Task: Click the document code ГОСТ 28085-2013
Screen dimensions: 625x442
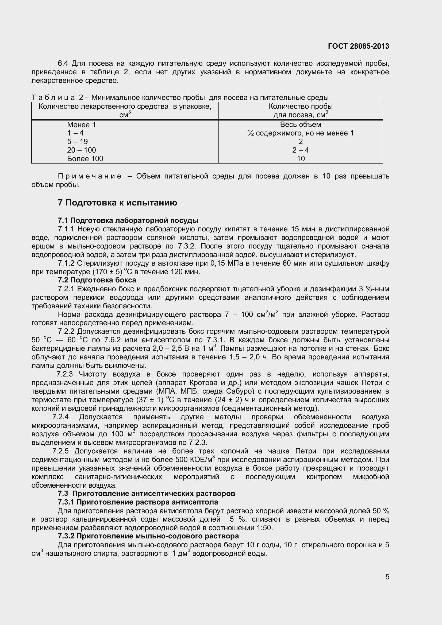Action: (358, 46)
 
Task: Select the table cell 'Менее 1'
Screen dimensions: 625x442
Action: (81, 125)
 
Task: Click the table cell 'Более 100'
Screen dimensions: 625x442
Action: (85, 158)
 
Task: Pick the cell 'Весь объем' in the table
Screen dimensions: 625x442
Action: (300, 125)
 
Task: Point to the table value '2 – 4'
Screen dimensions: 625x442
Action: (300, 150)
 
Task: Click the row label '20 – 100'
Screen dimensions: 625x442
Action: (82, 150)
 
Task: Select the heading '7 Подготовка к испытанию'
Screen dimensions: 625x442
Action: (117, 203)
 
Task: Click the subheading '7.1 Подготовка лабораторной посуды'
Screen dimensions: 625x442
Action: (128, 220)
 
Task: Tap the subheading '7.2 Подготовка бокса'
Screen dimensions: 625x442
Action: (97, 280)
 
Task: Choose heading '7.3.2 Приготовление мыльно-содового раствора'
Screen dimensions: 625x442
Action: (148, 536)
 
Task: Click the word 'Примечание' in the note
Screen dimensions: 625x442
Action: (90, 176)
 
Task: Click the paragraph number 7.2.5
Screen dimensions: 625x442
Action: (60, 451)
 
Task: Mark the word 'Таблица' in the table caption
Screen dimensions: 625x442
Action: (53, 98)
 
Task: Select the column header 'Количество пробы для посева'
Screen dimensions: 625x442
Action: (300, 111)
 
